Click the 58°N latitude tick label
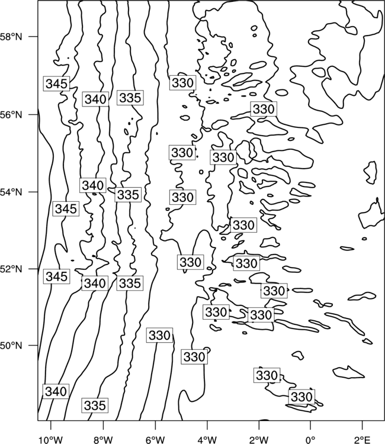point(11,37)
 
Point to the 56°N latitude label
point(11,115)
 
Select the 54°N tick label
point(11,192)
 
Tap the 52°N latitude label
point(11,269)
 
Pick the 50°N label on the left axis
point(11,346)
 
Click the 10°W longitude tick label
point(51,440)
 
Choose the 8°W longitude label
point(103,440)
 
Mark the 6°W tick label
point(155,440)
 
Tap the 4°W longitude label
point(207,440)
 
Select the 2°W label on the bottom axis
point(259,440)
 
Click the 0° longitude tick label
point(310,440)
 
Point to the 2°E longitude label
point(362,440)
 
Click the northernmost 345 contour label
point(56,83)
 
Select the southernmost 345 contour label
point(56,276)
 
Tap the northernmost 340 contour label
point(95,99)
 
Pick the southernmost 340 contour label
point(56,391)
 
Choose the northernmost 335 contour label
point(130,98)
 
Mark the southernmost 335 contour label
point(95,405)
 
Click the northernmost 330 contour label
point(182,83)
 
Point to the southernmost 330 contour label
point(301,397)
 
